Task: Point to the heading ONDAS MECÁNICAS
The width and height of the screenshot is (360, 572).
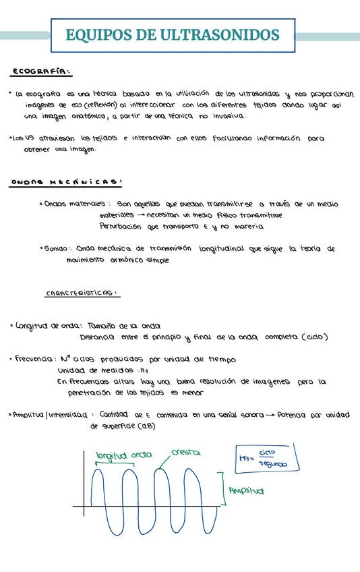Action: click(x=66, y=181)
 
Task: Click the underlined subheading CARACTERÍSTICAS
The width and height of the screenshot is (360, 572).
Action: click(x=82, y=293)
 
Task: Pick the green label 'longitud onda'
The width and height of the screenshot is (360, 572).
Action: click(x=124, y=455)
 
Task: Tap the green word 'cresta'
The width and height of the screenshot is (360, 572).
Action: click(x=185, y=452)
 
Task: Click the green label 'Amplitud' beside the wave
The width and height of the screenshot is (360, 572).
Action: click(x=247, y=491)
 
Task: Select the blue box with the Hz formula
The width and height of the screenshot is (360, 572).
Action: click(x=266, y=459)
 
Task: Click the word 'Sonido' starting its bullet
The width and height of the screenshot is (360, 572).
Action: click(x=56, y=249)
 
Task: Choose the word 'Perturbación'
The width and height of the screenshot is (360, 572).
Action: click(x=121, y=227)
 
